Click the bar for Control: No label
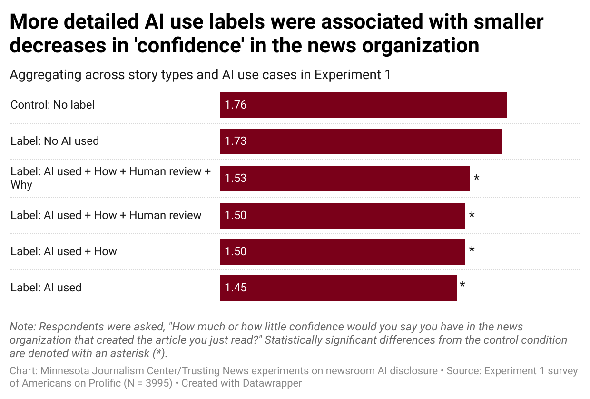pos(363,105)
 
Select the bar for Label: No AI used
pos(361,141)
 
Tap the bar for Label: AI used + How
pos(342,252)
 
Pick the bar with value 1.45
pos(338,288)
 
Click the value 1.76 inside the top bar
pos(236,105)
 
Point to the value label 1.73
pos(236,141)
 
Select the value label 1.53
pos(236,179)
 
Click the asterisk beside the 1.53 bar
pos(476,179)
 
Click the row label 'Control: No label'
pos(52,105)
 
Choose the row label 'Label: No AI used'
pos(55,141)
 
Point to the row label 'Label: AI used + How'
pos(64,251)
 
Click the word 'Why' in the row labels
pos(21,185)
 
